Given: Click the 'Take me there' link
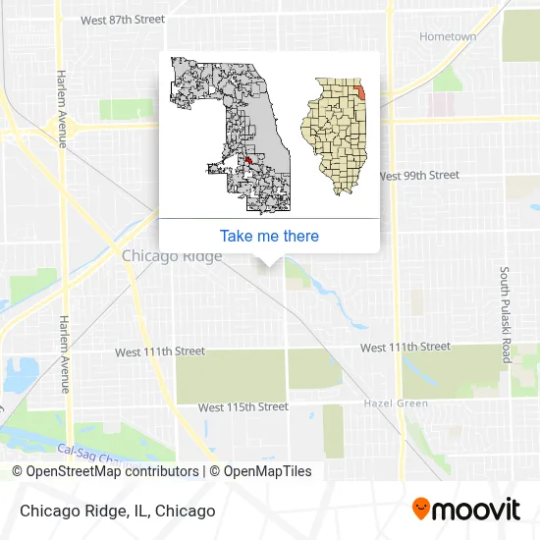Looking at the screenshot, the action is [269, 236].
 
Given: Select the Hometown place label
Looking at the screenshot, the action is [448, 37].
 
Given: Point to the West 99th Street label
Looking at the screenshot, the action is [418, 176].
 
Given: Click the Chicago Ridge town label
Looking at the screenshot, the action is [172, 256].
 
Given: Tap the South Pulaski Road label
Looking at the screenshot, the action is [506, 315].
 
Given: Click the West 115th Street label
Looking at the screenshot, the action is [243, 406].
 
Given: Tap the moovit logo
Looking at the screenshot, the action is [465, 510].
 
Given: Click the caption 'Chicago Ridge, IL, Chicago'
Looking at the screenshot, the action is [114, 511].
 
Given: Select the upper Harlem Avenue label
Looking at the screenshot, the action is [60, 108].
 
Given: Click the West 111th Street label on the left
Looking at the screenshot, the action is [160, 351].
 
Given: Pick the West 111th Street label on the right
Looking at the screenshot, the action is [405, 347].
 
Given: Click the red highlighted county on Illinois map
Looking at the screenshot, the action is [359, 90].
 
